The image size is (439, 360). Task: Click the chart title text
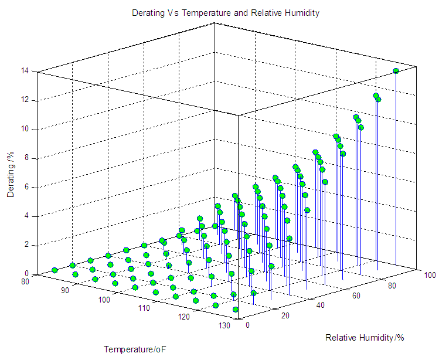(x=226, y=13)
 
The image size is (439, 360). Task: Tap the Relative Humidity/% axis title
(x=365, y=338)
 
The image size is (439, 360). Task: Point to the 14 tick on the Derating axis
(x=25, y=72)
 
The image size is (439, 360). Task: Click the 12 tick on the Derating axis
(x=25, y=100)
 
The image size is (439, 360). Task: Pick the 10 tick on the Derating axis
(x=25, y=129)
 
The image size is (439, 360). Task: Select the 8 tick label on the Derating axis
(x=27, y=158)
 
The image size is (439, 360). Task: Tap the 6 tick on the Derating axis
(x=27, y=187)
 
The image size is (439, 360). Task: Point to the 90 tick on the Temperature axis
(x=65, y=291)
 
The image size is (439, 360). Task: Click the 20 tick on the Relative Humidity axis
(x=285, y=315)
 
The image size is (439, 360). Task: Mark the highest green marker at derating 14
(x=396, y=71)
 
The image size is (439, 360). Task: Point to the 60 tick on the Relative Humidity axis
(x=356, y=295)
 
